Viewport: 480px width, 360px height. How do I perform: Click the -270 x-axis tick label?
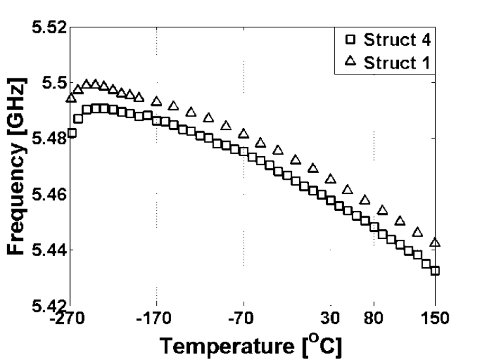point(70,319)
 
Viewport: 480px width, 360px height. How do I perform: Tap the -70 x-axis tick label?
point(244,319)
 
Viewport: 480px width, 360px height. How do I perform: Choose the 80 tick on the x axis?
point(374,319)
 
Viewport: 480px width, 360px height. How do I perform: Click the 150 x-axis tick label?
point(435,319)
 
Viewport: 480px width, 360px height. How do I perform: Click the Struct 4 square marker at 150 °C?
point(435,270)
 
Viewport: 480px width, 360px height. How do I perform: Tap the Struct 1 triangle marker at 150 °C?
point(435,242)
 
